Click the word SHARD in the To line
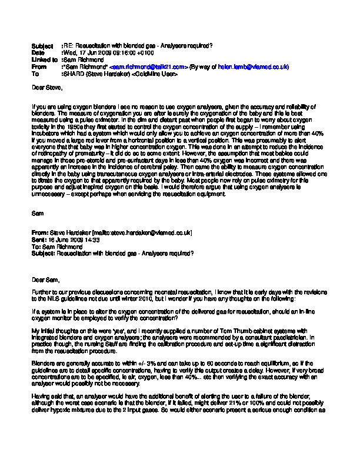click(x=73, y=75)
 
